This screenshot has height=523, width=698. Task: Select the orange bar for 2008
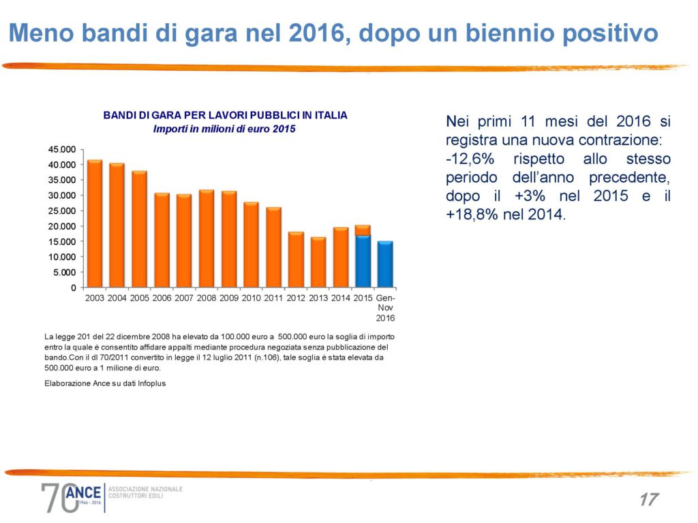click(x=207, y=238)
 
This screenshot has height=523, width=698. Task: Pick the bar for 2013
click(x=318, y=262)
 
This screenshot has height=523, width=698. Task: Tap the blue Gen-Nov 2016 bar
click(x=385, y=264)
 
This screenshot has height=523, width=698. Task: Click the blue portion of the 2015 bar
click(x=363, y=261)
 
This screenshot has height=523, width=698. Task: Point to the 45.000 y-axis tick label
click(x=63, y=149)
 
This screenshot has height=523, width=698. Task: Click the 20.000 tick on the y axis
click(x=63, y=226)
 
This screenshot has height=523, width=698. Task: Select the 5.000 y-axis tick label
click(x=65, y=272)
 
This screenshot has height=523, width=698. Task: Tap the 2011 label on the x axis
click(x=273, y=298)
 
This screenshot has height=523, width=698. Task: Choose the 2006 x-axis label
click(x=162, y=298)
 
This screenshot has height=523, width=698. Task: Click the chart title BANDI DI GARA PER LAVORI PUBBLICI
click(x=225, y=115)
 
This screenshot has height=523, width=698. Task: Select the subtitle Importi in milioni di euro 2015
click(x=224, y=129)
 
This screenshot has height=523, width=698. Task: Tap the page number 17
click(x=648, y=499)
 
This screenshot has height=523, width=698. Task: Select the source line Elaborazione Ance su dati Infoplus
click(x=105, y=383)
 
